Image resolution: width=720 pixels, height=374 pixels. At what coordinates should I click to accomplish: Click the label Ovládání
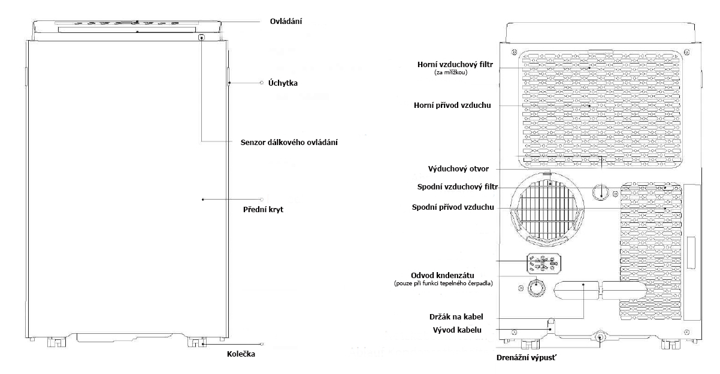(x=286, y=22)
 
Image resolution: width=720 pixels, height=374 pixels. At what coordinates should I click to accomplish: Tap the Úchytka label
(x=283, y=83)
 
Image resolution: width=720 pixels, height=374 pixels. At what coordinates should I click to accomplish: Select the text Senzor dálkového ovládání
(x=289, y=143)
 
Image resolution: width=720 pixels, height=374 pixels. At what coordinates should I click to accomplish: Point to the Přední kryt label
(x=263, y=210)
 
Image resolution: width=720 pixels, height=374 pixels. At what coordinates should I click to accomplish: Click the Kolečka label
(x=241, y=354)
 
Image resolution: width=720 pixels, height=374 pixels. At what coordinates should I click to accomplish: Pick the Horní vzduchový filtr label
(x=455, y=65)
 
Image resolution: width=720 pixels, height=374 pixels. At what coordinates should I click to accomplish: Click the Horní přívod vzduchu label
(x=452, y=105)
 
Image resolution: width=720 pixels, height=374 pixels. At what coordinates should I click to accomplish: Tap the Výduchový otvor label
(x=458, y=169)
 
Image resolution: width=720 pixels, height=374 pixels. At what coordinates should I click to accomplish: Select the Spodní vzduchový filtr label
(x=458, y=187)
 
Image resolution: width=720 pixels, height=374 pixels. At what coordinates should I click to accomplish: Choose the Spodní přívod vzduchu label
(x=453, y=207)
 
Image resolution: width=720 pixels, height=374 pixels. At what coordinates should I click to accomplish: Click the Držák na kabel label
(x=456, y=316)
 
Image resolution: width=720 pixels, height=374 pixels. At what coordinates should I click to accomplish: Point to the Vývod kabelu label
(x=457, y=330)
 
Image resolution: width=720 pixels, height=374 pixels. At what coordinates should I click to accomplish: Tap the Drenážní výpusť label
(x=526, y=358)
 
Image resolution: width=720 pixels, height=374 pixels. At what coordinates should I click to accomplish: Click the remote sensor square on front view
(x=201, y=37)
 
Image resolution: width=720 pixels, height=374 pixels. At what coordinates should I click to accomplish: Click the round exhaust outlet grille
(x=547, y=209)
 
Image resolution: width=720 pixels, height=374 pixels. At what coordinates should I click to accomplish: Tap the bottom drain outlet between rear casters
(x=600, y=337)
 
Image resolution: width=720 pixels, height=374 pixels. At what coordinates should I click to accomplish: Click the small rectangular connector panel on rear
(x=544, y=264)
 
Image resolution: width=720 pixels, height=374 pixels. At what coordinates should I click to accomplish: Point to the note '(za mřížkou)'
(x=450, y=73)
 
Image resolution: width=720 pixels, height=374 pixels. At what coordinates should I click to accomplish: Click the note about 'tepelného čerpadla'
(x=443, y=283)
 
